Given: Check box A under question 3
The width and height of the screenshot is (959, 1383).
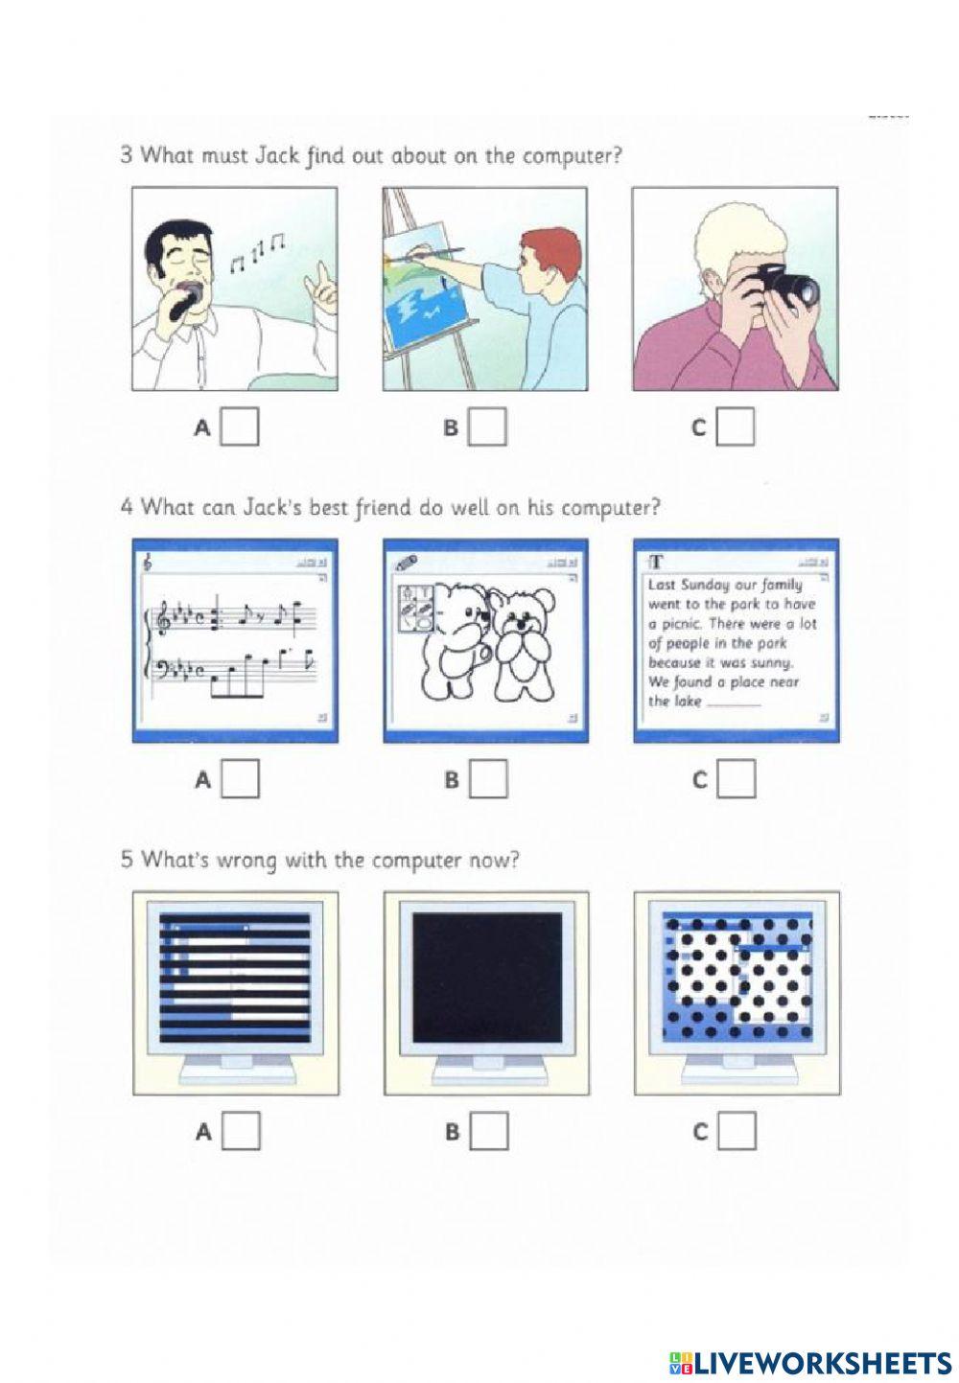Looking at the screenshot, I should [240, 427].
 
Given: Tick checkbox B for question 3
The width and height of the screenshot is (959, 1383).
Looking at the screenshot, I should [487, 427].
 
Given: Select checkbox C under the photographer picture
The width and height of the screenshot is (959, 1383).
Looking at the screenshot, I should [736, 427].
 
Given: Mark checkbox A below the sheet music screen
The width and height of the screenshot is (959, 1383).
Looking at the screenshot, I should [240, 780].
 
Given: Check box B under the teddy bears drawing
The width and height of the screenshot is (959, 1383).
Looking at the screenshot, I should [488, 780].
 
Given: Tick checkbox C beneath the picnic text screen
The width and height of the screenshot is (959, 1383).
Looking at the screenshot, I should [736, 780].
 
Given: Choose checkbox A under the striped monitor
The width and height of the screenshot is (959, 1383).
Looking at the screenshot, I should [240, 1132].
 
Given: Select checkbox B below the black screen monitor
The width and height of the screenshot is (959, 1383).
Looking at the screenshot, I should [488, 1132].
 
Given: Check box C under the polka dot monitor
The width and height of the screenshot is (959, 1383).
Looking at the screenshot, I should [736, 1132].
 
